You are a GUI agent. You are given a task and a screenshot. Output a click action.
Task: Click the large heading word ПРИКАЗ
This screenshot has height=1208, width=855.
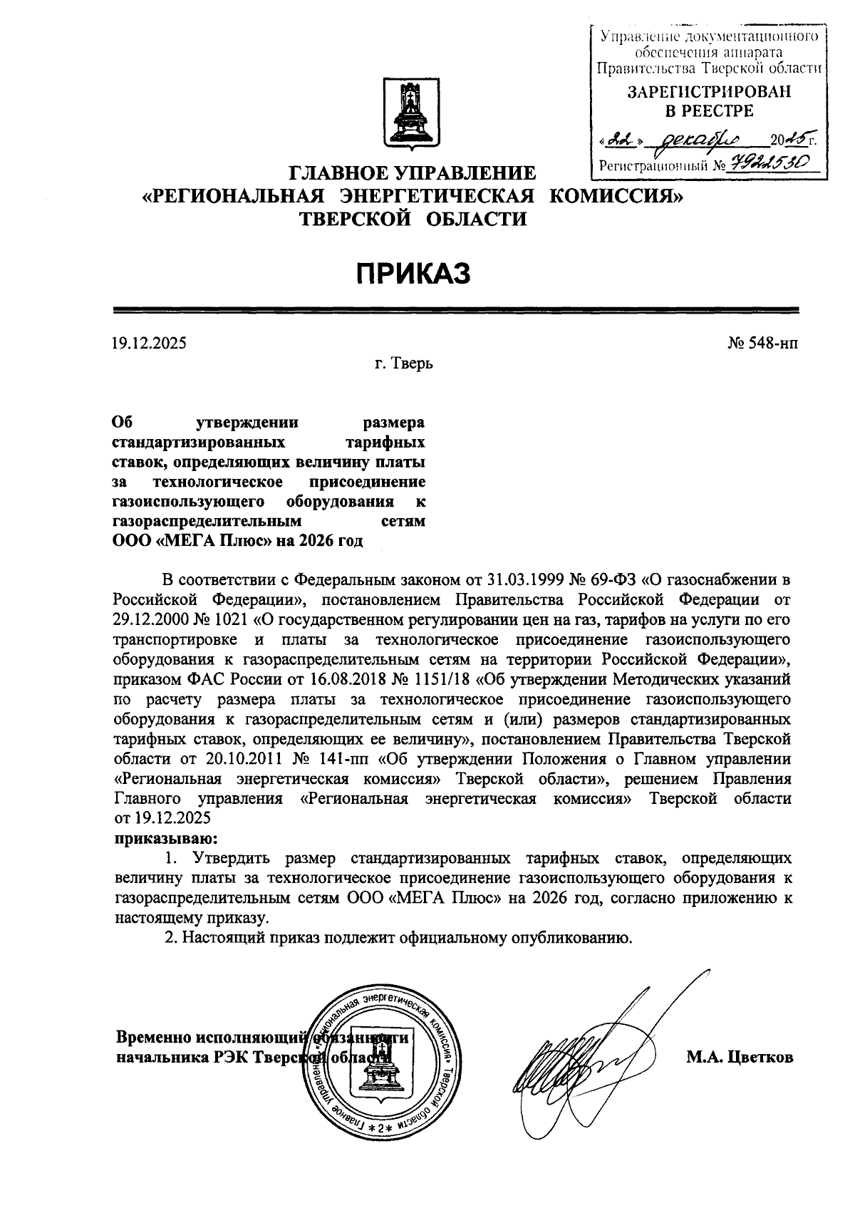point(413,273)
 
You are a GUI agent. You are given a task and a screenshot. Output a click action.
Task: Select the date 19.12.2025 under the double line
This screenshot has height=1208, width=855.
point(149,344)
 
